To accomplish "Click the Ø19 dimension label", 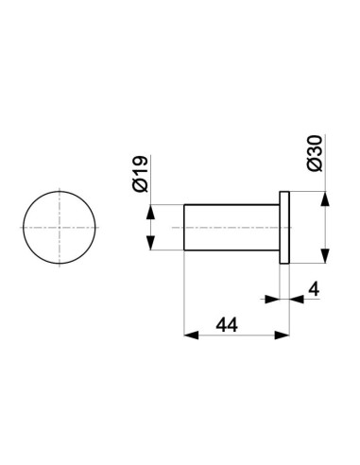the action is (x=141, y=174).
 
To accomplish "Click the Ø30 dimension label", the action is (x=315, y=153).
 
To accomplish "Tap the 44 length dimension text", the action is (x=227, y=325).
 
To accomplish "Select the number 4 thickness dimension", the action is (x=314, y=289).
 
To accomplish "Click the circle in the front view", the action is (x=24, y=228).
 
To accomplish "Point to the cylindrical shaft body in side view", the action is (x=231, y=228).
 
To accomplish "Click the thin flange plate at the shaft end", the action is (x=284, y=228).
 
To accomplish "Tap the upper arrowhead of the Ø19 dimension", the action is (x=151, y=212).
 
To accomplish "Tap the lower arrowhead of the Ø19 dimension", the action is (x=151, y=243).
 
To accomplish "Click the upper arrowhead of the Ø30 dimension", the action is (x=325, y=198).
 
